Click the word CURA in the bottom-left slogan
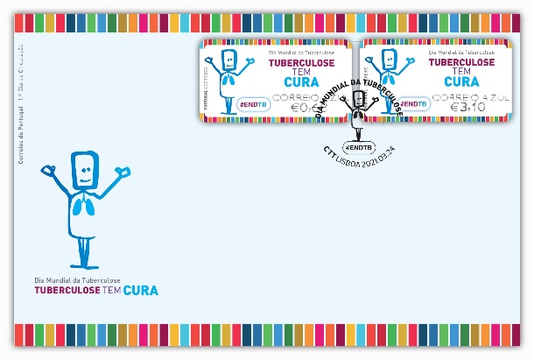pos(141,290)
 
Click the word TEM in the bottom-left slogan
pos(111,290)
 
